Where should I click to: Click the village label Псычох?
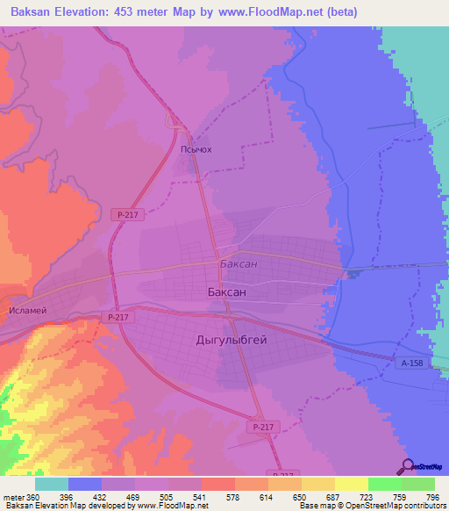click(196, 149)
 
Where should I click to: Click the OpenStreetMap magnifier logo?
click(406, 466)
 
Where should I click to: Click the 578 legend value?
click(232, 496)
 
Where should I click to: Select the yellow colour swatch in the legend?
click(351, 484)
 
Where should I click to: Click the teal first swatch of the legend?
click(52, 484)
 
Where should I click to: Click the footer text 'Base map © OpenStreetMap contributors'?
click(371, 506)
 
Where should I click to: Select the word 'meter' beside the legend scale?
click(13, 496)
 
